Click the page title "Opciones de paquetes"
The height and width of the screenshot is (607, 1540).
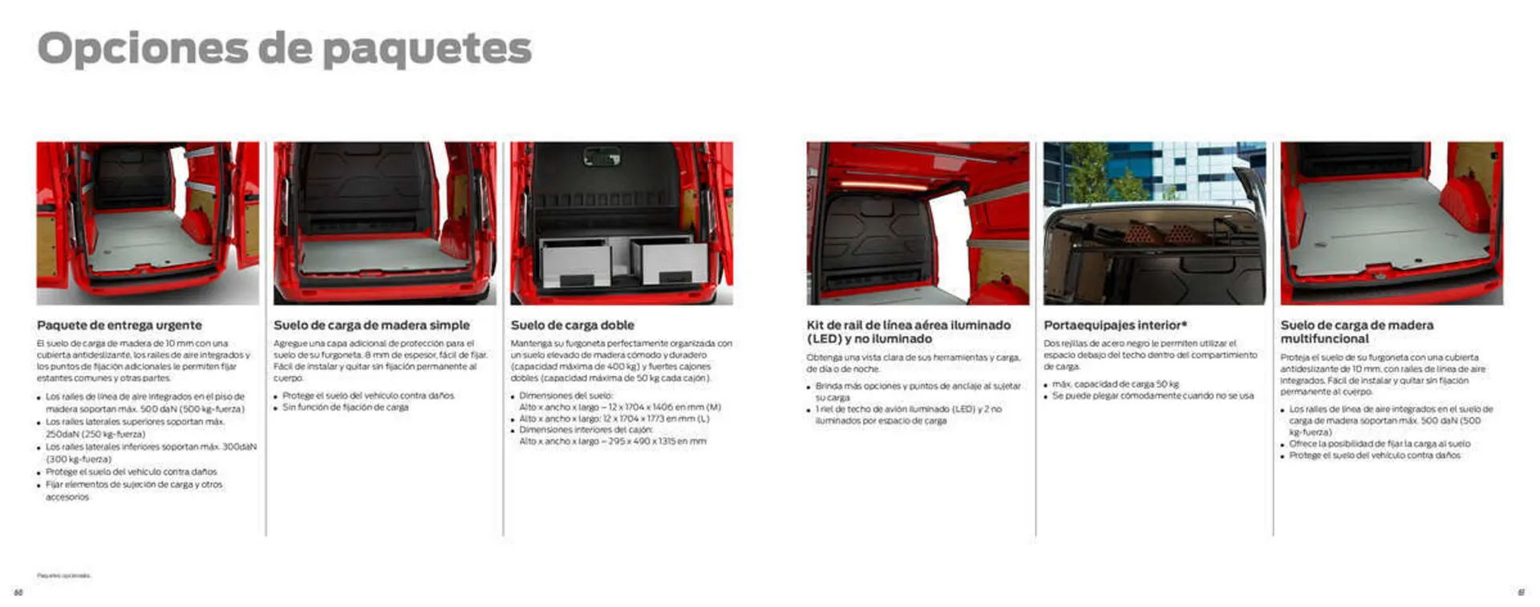point(284,48)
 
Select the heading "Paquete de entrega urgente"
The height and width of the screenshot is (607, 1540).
point(120,326)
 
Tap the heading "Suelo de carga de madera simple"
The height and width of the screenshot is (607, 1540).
point(371,326)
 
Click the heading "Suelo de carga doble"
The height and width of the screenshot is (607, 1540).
point(572,326)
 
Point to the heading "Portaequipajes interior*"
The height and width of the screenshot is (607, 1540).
point(1115,326)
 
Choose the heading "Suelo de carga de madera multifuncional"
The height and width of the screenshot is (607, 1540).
point(1356,332)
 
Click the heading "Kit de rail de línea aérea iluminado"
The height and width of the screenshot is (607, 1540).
point(908,326)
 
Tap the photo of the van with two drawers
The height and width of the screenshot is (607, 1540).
point(622,223)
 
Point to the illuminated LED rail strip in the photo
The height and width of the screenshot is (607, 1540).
point(882,184)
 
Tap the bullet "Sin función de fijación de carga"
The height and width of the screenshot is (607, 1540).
point(345,407)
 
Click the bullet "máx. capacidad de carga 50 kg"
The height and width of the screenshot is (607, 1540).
point(1115,384)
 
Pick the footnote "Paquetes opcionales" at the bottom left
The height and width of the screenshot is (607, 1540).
point(63,576)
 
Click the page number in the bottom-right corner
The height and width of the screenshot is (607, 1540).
point(1521,593)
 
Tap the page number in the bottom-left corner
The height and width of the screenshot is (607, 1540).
point(18,593)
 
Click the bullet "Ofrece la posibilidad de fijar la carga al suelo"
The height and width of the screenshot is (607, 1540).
point(1380,443)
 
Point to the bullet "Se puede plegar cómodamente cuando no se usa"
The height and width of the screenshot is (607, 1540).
point(1153,396)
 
